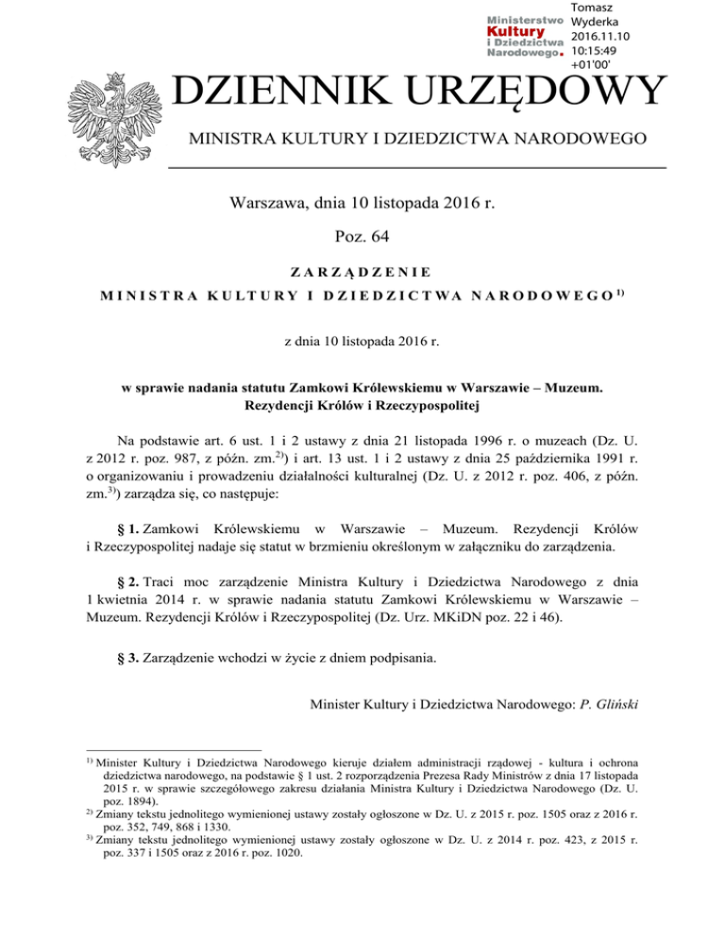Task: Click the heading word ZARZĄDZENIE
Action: (362, 272)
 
